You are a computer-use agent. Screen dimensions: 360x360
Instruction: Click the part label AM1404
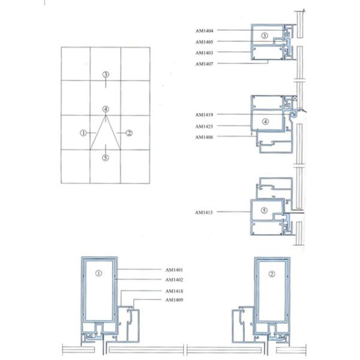205,31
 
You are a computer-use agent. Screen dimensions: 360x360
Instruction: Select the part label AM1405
205,42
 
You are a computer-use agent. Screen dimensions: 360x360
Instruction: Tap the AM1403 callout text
205,53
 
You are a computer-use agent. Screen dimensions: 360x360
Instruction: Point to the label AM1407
205,64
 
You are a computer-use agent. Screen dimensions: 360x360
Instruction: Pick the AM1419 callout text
204,115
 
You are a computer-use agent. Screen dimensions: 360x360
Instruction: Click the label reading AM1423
204,127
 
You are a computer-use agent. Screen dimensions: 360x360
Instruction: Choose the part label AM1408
204,137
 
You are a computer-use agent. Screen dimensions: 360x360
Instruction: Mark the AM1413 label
204,212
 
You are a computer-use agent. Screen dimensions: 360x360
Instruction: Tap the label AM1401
174,270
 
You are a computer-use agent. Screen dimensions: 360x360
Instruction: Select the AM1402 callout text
174,280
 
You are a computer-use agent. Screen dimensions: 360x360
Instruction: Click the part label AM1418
174,292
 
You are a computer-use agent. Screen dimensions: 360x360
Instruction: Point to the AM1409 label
174,300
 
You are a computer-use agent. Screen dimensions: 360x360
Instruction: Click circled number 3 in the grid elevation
106,74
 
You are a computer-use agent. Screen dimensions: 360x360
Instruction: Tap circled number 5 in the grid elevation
106,158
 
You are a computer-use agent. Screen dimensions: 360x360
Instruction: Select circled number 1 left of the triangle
83,133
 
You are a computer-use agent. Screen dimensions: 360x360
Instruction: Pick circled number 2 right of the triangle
129,133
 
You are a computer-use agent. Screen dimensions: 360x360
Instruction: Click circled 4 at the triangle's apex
106,109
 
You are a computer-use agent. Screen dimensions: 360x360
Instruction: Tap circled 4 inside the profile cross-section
265,122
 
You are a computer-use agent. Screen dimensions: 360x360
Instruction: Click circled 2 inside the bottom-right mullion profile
272,274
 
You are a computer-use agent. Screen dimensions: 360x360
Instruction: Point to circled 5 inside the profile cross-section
264,211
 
